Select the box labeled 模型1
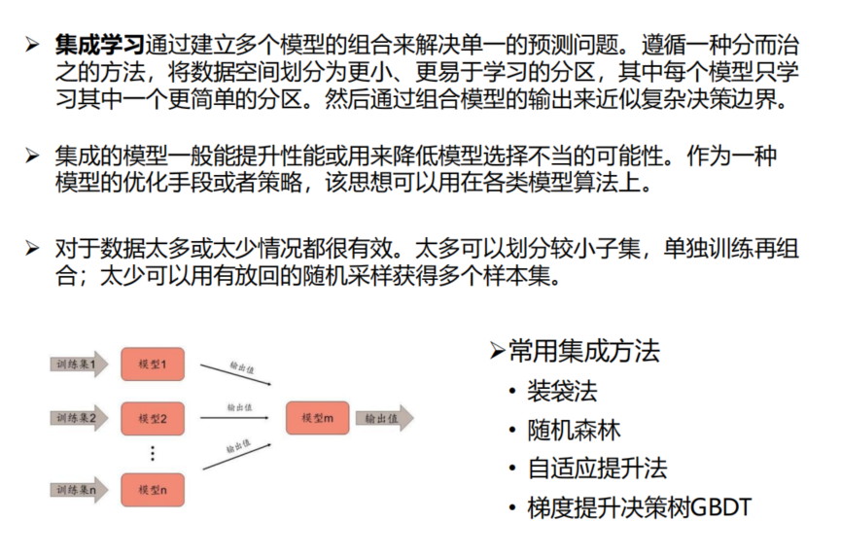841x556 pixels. (153, 365)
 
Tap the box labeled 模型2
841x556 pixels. (153, 419)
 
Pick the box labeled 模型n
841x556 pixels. (153, 489)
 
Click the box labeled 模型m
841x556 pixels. (317, 418)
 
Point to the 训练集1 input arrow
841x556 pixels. (79, 365)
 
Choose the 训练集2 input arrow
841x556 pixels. (79, 419)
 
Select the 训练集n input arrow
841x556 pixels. (79, 490)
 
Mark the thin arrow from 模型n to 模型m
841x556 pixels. (233, 455)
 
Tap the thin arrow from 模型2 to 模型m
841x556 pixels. (234, 418)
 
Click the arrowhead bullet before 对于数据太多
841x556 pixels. (33, 248)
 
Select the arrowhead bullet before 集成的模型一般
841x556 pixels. (33, 156)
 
